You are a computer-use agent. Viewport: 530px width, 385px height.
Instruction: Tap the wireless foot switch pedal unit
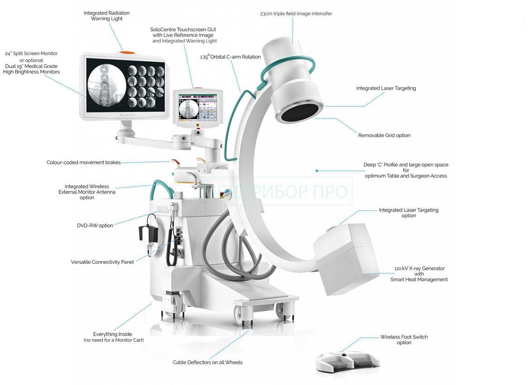(347, 362)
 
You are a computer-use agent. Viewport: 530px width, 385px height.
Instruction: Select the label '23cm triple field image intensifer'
(296, 14)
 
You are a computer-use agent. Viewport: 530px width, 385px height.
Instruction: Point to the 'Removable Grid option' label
(384, 135)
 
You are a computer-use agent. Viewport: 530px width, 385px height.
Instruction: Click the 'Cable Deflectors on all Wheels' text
(207, 362)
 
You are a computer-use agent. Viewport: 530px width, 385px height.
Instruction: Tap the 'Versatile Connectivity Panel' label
(102, 262)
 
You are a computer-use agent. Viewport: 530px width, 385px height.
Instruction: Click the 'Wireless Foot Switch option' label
(404, 340)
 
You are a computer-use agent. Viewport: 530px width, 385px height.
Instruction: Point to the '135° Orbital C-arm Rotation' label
(230, 57)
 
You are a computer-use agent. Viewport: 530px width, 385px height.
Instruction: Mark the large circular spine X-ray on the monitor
(106, 84)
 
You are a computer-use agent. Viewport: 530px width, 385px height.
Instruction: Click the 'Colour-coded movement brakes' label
(83, 163)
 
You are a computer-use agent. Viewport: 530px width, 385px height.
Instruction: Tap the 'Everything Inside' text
(112, 334)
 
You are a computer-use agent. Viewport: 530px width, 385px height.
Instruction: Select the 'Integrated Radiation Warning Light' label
(106, 16)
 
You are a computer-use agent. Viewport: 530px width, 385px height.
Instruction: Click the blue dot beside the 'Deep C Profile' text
(317, 171)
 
